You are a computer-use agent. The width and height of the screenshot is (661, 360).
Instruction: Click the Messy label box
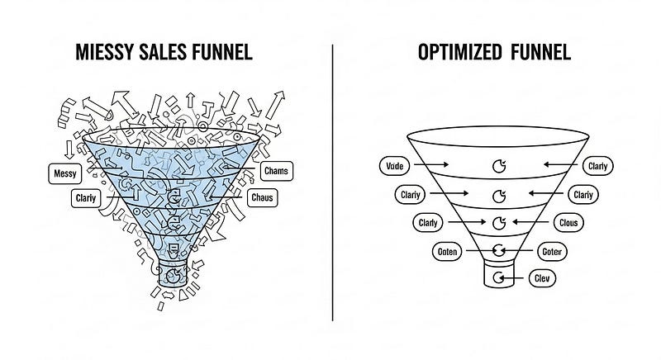click(x=64, y=173)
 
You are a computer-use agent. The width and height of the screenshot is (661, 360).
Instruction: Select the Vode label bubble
click(x=395, y=166)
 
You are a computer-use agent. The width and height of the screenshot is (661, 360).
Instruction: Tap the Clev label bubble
click(x=542, y=278)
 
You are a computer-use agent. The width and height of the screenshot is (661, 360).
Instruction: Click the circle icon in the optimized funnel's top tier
click(x=498, y=166)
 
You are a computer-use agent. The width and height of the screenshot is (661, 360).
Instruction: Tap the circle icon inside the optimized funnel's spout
click(x=498, y=278)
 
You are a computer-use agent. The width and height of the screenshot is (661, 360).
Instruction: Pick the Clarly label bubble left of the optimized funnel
click(x=427, y=222)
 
